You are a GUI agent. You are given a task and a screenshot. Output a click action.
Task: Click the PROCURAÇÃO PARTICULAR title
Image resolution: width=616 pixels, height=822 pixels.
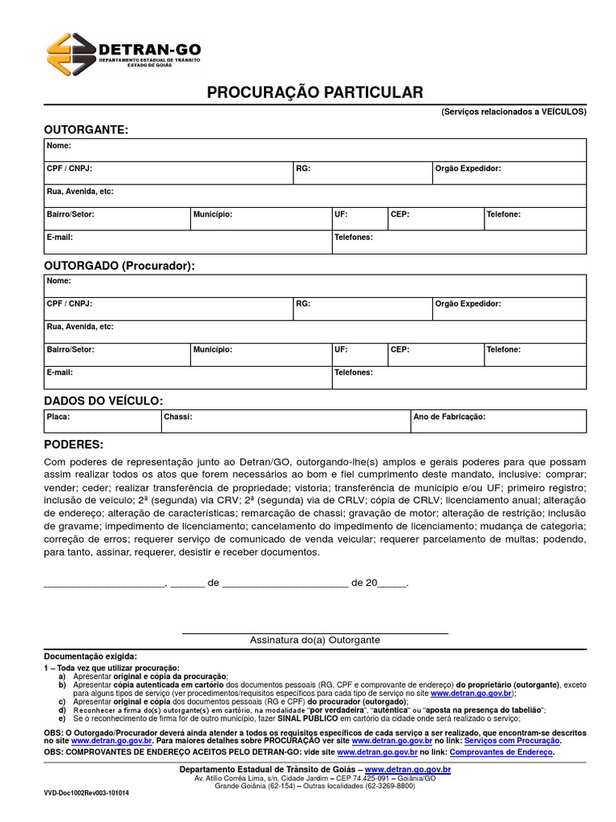pos(314,93)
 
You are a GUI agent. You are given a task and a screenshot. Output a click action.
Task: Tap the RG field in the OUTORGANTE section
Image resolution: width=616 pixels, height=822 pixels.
pos(362,173)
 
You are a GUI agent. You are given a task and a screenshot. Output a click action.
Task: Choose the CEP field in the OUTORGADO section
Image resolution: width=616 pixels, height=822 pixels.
pos(434,354)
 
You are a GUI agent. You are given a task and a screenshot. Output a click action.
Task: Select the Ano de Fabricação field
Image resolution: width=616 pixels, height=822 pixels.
pos(497,421)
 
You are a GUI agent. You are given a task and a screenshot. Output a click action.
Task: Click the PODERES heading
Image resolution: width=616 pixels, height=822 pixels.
pos(74,444)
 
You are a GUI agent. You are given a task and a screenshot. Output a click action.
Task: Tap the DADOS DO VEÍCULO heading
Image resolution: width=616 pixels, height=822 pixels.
pos(103,400)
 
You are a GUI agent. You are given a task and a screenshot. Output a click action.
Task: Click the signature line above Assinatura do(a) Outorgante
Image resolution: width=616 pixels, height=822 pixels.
pos(314,633)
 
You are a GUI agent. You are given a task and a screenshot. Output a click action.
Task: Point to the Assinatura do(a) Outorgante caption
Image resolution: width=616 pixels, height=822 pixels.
pos(314,641)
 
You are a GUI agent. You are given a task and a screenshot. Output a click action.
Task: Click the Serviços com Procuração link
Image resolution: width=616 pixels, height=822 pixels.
pos(513,741)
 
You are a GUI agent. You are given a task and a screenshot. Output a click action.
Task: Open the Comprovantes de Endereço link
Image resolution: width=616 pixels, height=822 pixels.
pos(501,752)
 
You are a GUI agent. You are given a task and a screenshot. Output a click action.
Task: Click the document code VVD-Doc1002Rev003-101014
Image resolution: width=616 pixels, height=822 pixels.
pos(87,791)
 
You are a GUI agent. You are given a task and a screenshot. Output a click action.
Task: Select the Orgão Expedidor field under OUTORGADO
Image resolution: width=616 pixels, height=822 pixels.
pos(509,308)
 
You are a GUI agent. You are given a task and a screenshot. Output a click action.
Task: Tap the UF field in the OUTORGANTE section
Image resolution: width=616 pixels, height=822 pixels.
pos(358,218)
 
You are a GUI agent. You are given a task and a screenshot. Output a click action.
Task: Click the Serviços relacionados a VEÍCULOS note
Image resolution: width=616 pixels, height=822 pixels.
pos(513,112)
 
